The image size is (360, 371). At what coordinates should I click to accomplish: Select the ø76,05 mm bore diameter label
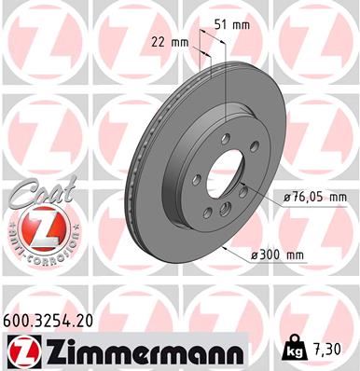[x=314, y=197]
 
